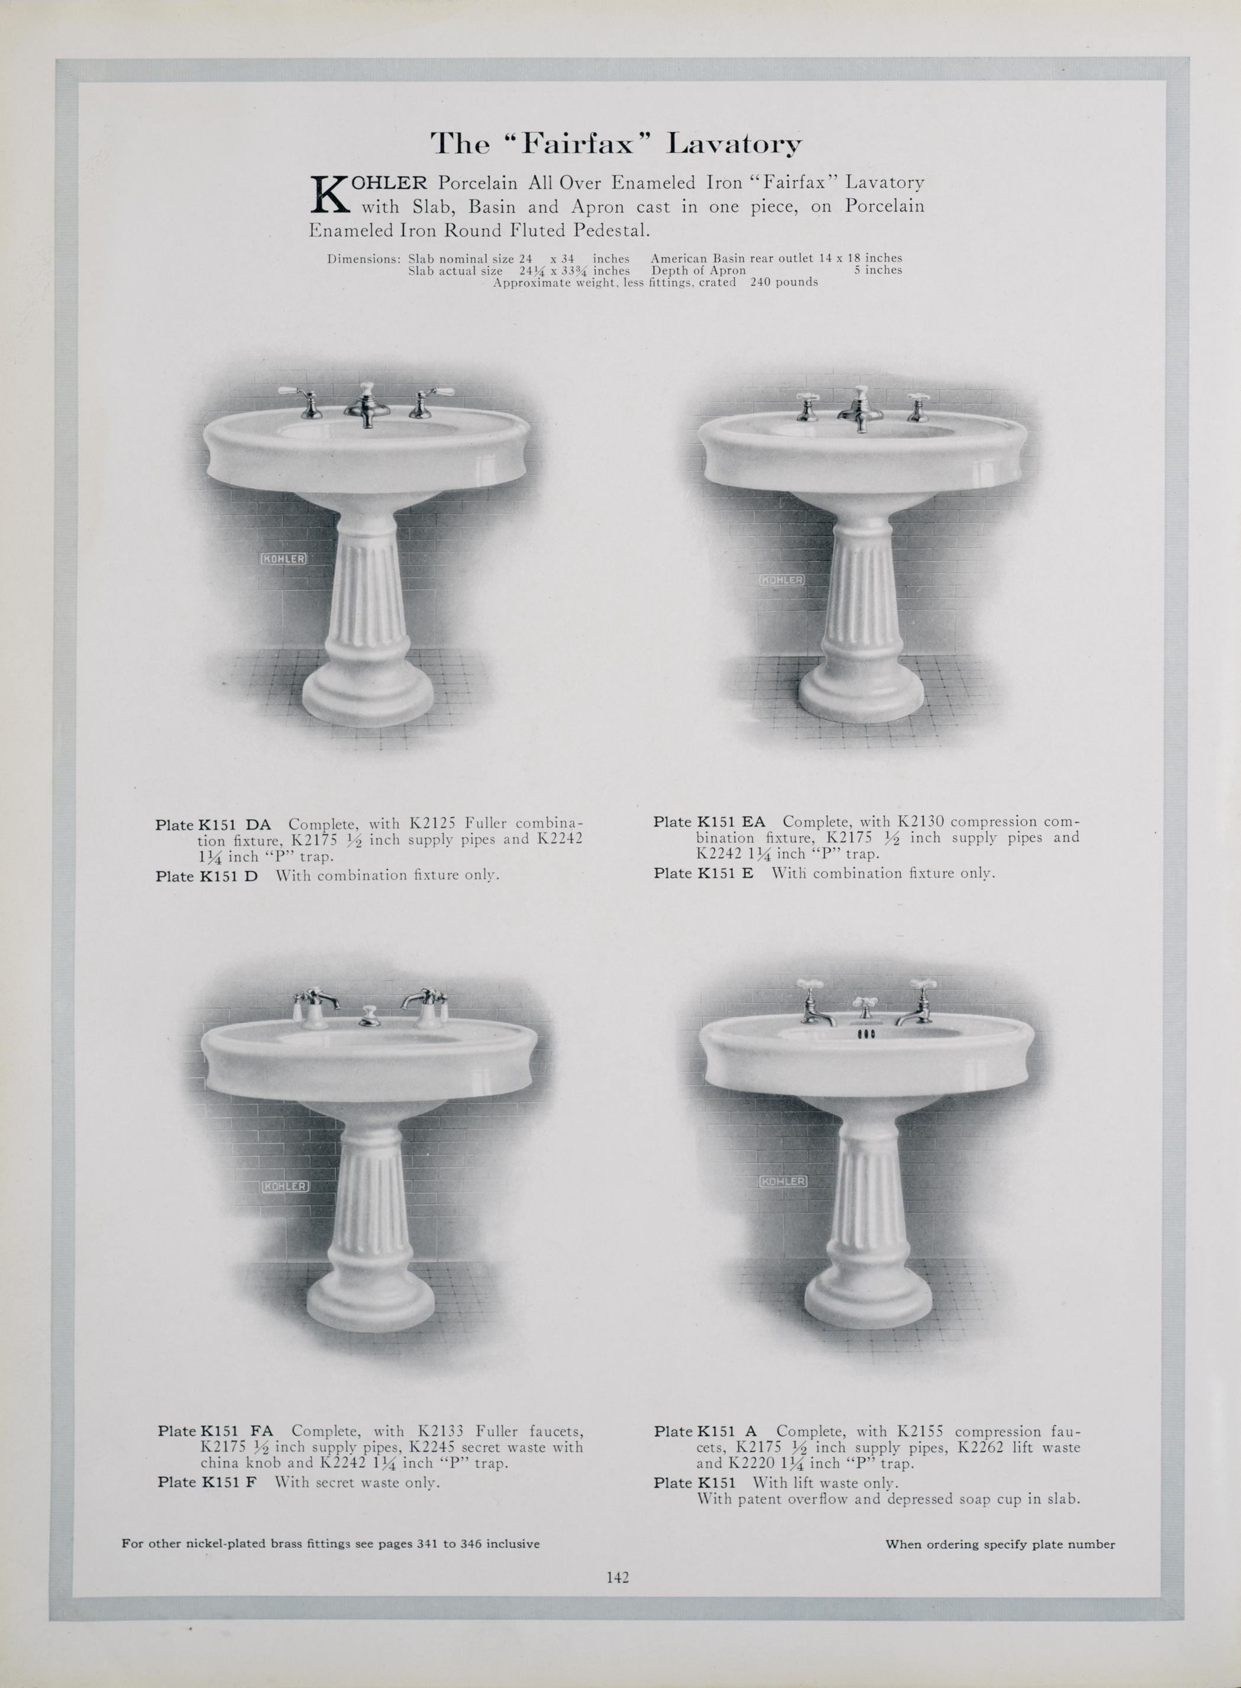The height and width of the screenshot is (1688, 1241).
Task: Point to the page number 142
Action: pos(618,1577)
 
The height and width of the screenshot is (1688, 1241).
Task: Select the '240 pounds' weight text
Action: pos(784,282)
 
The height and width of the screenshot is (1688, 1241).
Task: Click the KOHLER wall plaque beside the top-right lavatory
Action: pos(781,580)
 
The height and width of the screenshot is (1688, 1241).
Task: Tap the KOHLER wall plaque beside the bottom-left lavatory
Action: pos(286,1186)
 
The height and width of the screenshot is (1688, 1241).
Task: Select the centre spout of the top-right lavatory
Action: pos(860,409)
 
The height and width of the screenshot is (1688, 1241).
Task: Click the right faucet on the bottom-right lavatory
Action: pos(915,1003)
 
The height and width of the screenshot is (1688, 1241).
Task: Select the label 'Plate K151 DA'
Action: pos(214,824)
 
